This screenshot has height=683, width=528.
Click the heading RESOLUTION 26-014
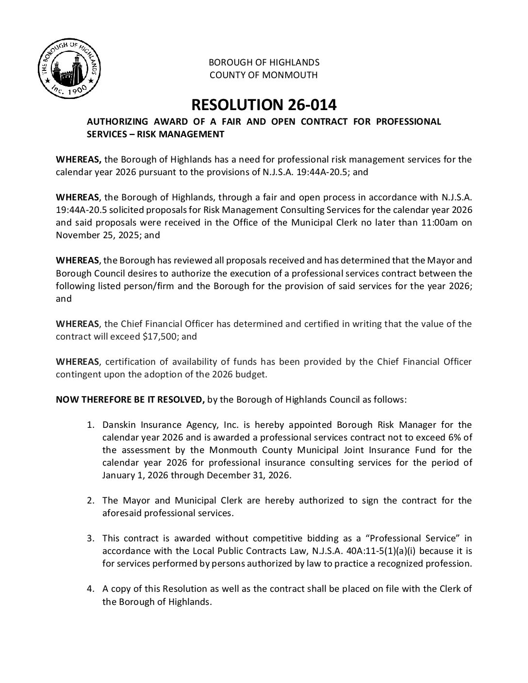264,104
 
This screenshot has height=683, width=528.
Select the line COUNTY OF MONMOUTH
264,75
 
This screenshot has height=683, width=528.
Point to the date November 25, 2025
101,235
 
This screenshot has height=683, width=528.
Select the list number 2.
90,500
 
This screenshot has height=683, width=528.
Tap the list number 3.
90,538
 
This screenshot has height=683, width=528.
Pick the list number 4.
90,589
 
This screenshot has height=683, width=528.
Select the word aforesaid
121,513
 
